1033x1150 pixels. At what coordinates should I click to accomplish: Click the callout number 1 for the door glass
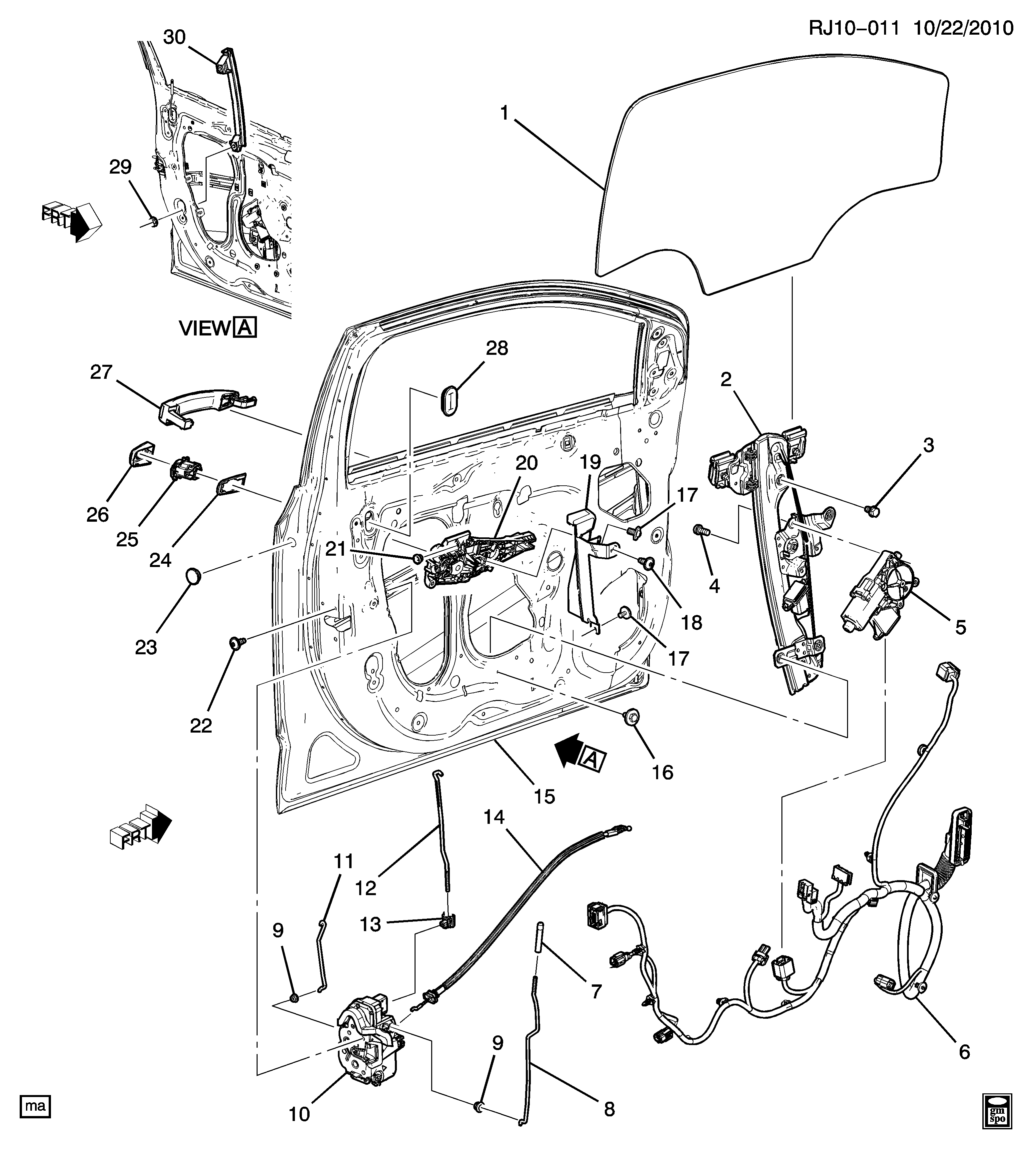504,114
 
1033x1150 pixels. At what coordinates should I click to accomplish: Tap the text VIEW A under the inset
217,328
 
